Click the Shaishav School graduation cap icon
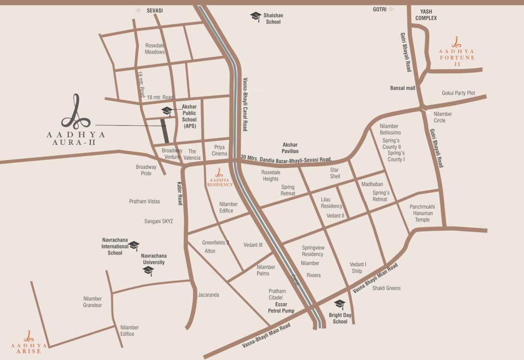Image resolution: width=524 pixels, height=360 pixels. [256, 16]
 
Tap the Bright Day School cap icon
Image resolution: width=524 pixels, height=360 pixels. [340, 304]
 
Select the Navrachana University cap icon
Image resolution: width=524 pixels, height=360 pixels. [148, 270]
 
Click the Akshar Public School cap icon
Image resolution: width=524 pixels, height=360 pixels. [167, 111]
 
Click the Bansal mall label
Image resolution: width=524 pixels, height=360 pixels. [403, 88]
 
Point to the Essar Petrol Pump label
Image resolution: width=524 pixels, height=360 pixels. [281, 307]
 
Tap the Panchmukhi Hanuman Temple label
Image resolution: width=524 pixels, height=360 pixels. [422, 213]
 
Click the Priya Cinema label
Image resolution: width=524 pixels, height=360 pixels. [220, 150]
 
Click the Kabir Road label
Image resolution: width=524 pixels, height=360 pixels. [180, 193]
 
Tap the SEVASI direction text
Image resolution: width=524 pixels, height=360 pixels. [154, 10]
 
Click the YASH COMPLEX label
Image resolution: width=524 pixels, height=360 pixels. [426, 15]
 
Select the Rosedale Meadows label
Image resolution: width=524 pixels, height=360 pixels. [155, 49]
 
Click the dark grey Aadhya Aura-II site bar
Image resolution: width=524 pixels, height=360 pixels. [164, 131]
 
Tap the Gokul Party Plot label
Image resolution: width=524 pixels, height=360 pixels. [458, 93]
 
